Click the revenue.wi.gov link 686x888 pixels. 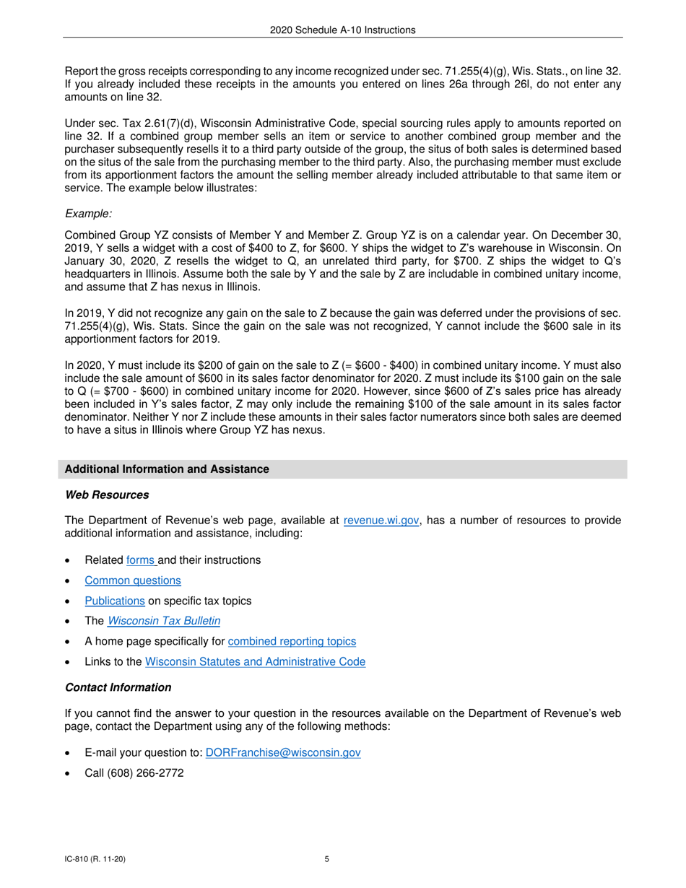click(x=381, y=521)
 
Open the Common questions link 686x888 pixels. click(x=133, y=580)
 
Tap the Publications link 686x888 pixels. click(x=115, y=601)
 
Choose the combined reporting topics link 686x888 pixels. click(x=292, y=641)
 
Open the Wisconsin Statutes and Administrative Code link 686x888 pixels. click(x=255, y=661)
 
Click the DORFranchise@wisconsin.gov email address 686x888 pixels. click(x=283, y=752)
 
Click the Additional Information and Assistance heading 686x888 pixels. click(x=167, y=469)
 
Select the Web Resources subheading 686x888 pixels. click(x=107, y=495)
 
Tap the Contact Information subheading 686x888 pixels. click(x=118, y=687)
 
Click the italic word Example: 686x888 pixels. click(x=88, y=214)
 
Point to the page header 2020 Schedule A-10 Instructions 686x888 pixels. click(x=342, y=30)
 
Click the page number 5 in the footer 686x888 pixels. click(x=327, y=859)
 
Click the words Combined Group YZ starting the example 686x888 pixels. click(x=109, y=235)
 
